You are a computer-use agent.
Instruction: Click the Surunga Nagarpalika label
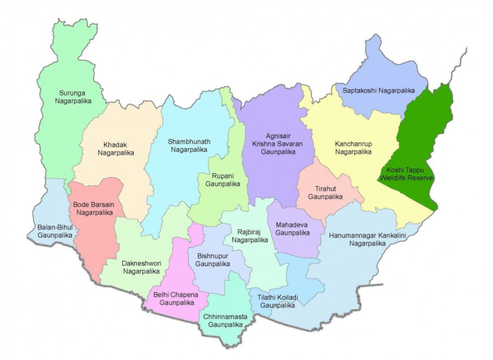pyautogui.click(x=73, y=96)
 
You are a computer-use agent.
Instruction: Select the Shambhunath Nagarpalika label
pyautogui.click(x=188, y=145)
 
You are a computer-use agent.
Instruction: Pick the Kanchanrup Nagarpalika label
pyautogui.click(x=353, y=147)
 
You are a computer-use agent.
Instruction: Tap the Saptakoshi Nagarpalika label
pyautogui.click(x=377, y=90)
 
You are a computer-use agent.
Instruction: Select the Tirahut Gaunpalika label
pyautogui.click(x=325, y=192)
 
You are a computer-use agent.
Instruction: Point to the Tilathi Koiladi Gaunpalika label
pyautogui.click(x=272, y=301)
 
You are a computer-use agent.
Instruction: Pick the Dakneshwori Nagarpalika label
pyautogui.click(x=141, y=267)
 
